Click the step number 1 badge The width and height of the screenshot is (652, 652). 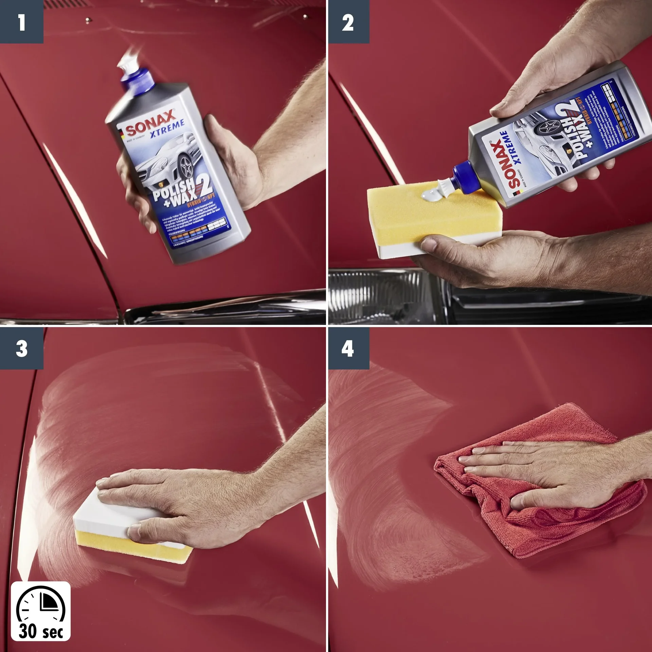point(21,22)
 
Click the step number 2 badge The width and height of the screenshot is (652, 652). point(348,22)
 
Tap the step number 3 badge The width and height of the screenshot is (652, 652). point(21,348)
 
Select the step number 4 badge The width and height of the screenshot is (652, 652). point(348,348)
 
